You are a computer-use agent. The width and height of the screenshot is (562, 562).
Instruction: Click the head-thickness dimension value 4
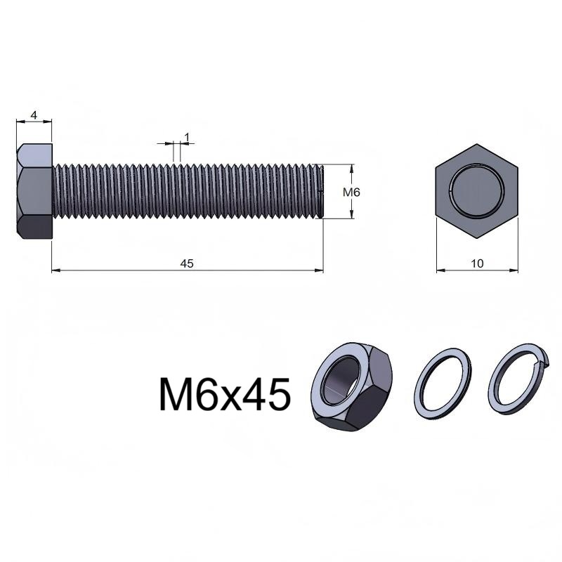34,115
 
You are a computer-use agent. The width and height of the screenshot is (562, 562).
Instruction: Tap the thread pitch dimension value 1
186,137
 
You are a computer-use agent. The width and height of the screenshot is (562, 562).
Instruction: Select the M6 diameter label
351,192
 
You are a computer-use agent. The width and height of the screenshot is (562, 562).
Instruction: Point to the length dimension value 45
187,263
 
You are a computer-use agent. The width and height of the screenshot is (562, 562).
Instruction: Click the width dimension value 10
477,263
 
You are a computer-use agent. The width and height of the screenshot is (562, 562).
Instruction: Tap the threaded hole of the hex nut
341,380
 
